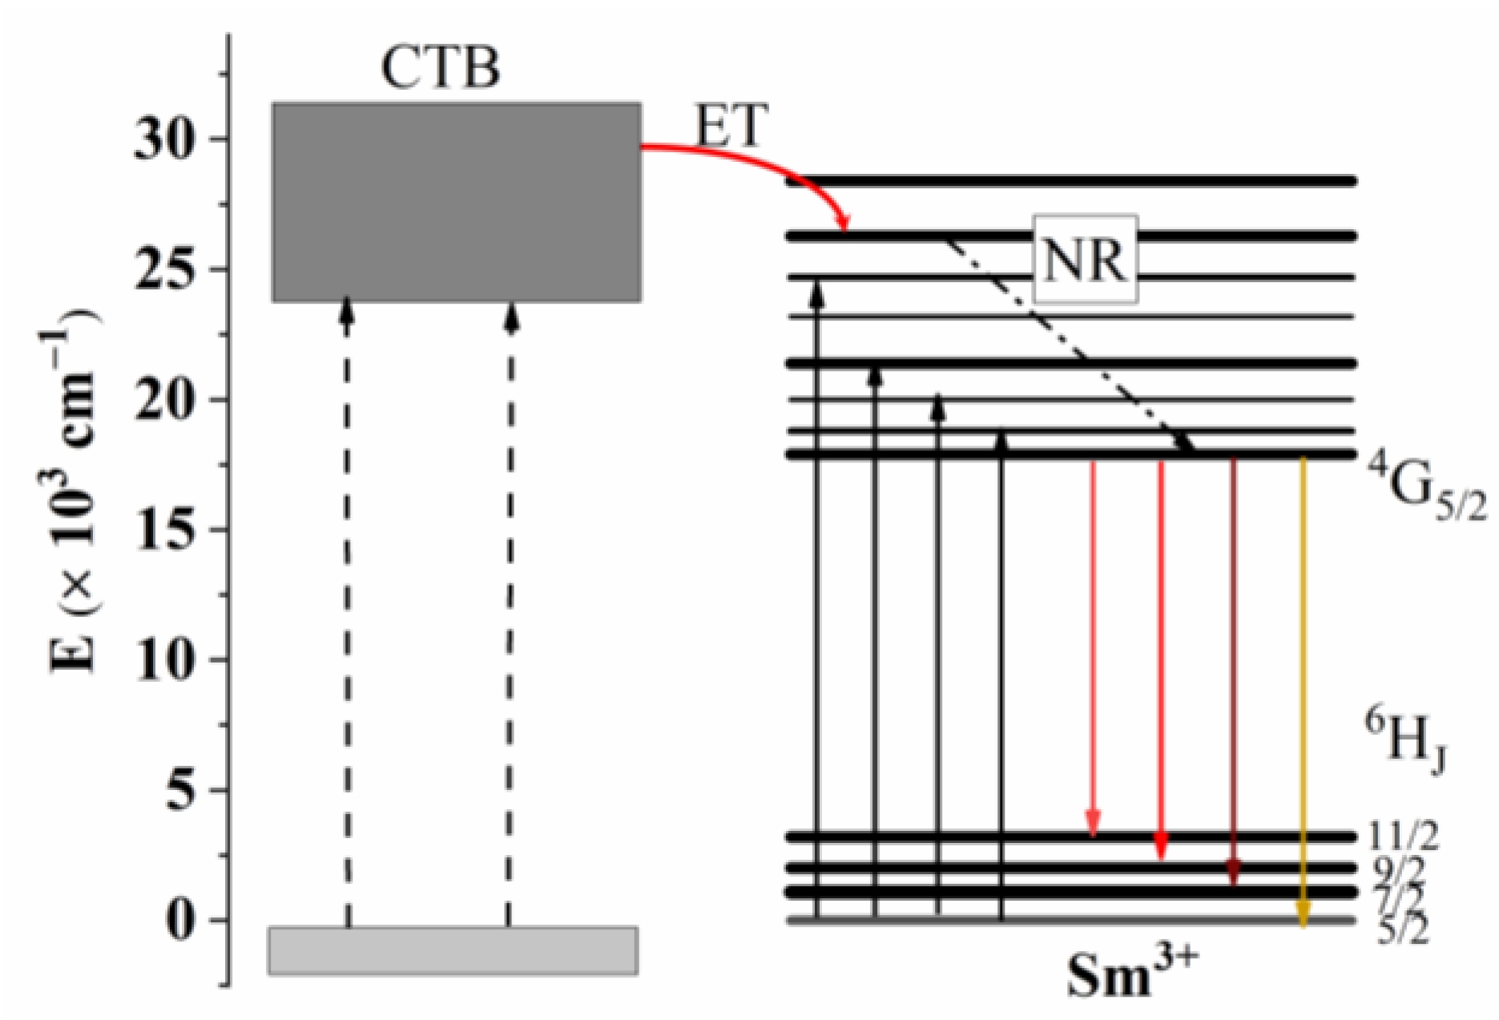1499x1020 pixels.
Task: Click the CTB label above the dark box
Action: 440,67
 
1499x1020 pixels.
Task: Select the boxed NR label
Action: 1085,259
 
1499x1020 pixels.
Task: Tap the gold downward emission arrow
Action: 1303,689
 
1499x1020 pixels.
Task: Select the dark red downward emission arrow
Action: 1233,673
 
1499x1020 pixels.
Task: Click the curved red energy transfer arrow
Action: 761,160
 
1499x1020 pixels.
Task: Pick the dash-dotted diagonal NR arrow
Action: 1066,345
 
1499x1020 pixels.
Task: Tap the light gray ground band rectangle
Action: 453,950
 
